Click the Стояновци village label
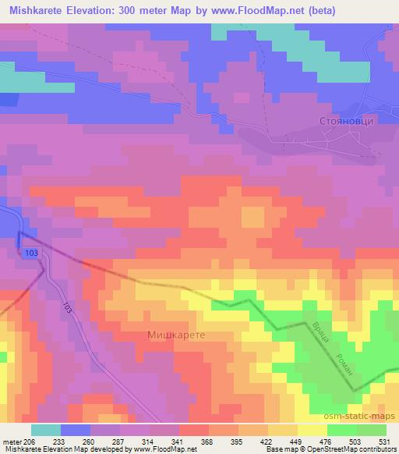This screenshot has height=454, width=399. [347, 122]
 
